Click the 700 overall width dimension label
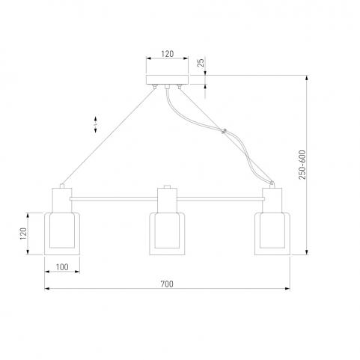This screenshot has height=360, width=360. click(x=167, y=284)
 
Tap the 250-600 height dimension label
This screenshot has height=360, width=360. click(x=302, y=165)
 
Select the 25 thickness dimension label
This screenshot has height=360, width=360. click(x=201, y=62)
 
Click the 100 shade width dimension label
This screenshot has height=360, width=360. click(x=62, y=267)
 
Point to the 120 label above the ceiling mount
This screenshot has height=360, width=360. click(x=167, y=54)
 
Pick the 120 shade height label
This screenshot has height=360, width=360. click(x=23, y=234)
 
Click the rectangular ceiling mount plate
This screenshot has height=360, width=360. click(x=167, y=79)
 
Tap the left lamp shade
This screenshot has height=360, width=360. click(x=62, y=234)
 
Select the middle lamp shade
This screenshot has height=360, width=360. click(x=167, y=234)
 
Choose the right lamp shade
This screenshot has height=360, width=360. click(x=272, y=234)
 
